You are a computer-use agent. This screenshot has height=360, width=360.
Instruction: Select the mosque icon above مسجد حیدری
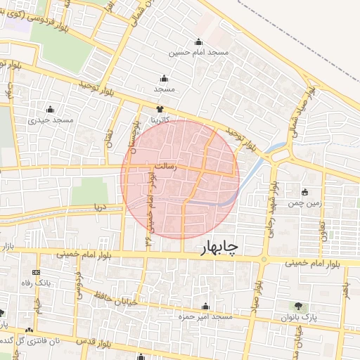pyautogui.click(x=50, y=110)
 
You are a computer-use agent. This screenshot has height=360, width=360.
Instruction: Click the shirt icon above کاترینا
pyautogui.click(x=160, y=109)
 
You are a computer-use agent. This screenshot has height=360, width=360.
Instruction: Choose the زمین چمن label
pyautogui.click(x=304, y=203)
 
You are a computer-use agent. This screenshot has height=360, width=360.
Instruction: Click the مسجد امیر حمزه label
pyautogui.click(x=205, y=318)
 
